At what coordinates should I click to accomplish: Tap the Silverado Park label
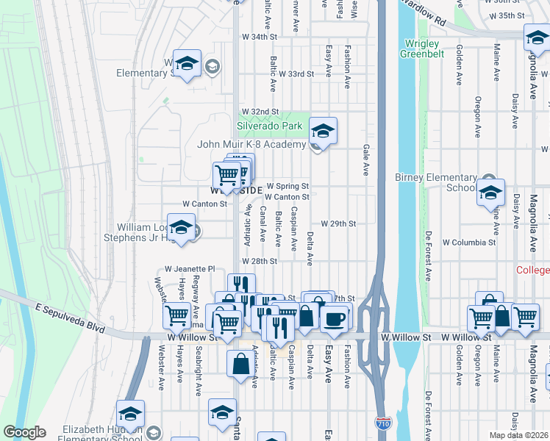click(271, 126)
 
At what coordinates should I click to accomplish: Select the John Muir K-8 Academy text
click(251, 144)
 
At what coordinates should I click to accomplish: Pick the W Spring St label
click(287, 187)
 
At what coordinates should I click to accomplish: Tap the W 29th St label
click(338, 223)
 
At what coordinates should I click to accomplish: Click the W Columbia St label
click(468, 243)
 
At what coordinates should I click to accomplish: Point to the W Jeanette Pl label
click(189, 269)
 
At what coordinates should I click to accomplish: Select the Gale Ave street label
click(365, 159)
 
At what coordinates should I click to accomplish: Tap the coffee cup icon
click(335, 318)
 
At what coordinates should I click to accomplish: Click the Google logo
click(24, 432)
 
